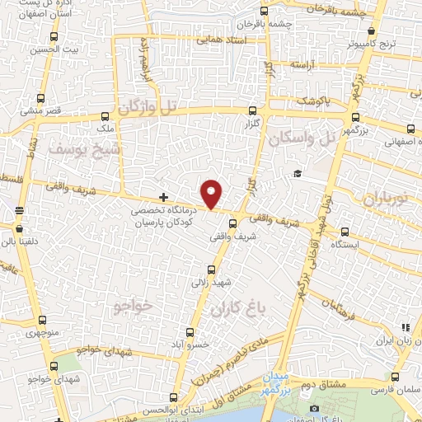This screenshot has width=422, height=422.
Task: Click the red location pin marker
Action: pyautogui.click(x=212, y=195)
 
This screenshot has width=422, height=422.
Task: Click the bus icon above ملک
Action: pyautogui.click(x=105, y=117)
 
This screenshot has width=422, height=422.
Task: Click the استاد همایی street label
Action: pyautogui.click(x=221, y=38)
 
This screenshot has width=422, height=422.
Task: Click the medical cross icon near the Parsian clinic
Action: pyautogui.click(x=163, y=197)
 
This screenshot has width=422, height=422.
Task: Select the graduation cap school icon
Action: pyautogui.click(x=295, y=173)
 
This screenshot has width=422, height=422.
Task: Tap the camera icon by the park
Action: pyautogui.click(x=314, y=409)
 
